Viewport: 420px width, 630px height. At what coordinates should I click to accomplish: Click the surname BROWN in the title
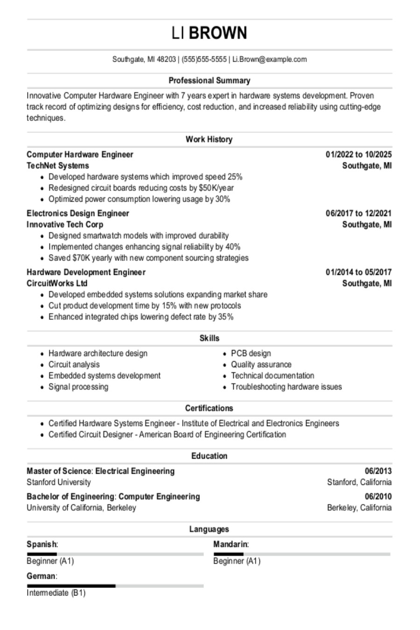coord(218,33)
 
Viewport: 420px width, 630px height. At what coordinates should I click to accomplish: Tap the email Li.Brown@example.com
coord(270,59)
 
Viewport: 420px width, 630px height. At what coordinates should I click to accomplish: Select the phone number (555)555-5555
coord(204,59)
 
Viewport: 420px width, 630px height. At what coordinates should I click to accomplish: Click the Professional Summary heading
coord(210,80)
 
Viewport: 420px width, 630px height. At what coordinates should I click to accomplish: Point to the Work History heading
coord(209,139)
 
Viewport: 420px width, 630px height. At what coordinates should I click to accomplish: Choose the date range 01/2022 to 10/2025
coord(358,154)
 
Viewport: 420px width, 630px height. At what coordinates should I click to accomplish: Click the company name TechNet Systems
coord(58,166)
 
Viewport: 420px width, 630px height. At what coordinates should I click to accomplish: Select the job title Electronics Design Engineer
coord(78,213)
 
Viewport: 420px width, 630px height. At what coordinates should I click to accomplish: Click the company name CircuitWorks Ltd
coord(57,283)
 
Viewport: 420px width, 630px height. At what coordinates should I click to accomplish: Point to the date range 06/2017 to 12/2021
coord(358,213)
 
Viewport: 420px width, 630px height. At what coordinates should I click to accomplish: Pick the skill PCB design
coord(251,353)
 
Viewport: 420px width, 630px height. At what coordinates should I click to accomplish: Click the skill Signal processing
coord(78,387)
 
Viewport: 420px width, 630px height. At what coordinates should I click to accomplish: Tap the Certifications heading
coord(209,408)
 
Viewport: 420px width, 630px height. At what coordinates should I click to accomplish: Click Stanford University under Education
coord(59,482)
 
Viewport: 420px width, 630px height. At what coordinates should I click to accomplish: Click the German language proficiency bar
coord(115,586)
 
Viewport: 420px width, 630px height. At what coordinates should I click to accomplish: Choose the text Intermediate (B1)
coord(56,593)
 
